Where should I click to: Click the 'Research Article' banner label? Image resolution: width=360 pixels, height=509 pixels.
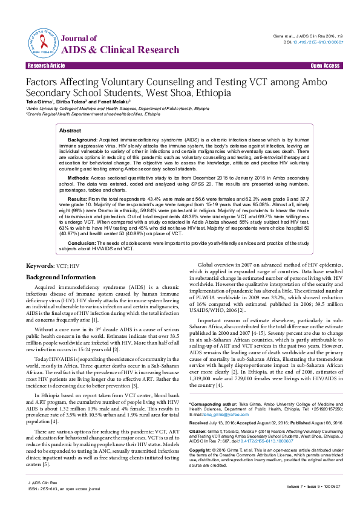[x=42, y=65]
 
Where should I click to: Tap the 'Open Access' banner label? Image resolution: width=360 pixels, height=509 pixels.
[x=324, y=65]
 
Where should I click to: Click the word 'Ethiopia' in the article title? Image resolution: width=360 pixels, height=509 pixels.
[x=213, y=94]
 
